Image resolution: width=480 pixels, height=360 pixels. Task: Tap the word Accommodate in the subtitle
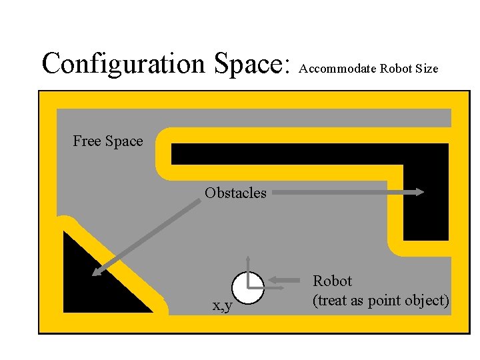point(338,68)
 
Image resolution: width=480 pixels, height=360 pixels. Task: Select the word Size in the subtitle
point(427,68)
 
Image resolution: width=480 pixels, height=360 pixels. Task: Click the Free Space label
point(108,141)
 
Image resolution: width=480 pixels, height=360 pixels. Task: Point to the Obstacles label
point(235,193)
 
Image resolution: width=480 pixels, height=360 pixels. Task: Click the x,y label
point(221,305)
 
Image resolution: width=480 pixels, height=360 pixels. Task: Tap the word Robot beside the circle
point(332,281)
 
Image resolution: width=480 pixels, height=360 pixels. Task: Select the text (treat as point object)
point(381,301)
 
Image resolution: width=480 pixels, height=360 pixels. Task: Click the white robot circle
point(247,288)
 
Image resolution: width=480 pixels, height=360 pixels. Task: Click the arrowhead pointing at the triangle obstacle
point(95,271)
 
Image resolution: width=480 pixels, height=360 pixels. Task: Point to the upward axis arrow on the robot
point(248,260)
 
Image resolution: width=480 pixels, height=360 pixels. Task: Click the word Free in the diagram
point(86,141)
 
